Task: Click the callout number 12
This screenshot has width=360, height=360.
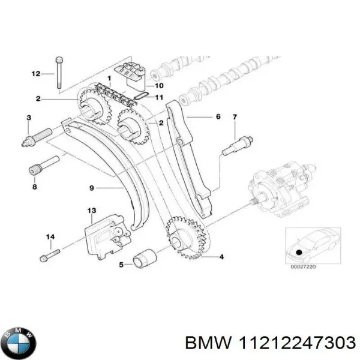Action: [35, 74]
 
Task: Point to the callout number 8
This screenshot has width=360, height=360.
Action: [34, 187]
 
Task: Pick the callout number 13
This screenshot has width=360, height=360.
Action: [92, 211]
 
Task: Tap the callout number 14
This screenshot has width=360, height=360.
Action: [51, 238]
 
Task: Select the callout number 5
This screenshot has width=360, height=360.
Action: [121, 263]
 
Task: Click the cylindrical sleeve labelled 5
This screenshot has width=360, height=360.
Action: [145, 260]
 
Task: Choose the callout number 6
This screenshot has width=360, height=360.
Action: [218, 116]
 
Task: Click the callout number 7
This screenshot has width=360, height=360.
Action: [235, 116]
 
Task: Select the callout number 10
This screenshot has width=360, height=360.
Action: [158, 85]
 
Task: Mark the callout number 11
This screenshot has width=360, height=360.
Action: [159, 97]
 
